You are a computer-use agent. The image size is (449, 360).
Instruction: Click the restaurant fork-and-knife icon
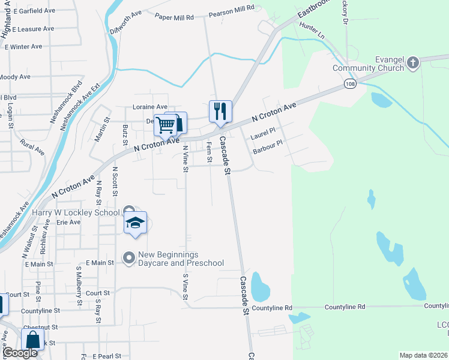click(x=220, y=110)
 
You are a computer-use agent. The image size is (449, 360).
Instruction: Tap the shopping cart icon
click(x=165, y=125)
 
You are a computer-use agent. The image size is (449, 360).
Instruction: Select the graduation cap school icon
click(x=136, y=223)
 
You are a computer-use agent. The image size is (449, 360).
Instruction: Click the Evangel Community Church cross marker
click(x=412, y=63)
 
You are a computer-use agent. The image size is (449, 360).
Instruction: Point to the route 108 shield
click(x=351, y=85)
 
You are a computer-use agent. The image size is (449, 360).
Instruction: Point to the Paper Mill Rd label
click(x=174, y=17)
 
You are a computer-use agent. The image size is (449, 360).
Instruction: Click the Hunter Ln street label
click(x=312, y=31)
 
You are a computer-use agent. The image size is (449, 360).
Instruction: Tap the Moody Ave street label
click(x=15, y=77)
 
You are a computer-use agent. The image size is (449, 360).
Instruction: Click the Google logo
click(x=20, y=353)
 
